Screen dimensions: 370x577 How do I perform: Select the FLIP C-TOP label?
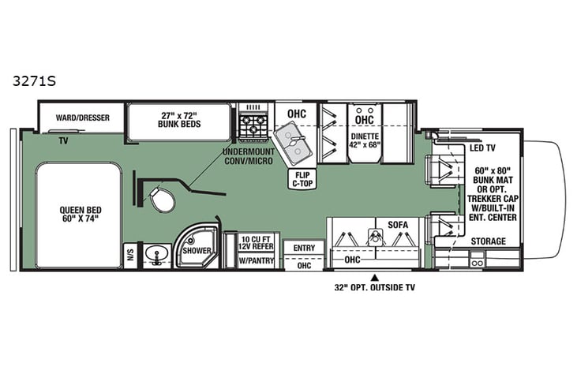point(301,180)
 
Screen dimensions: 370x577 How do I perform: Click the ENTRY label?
point(303,248)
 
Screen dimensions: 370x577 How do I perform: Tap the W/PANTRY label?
point(253,261)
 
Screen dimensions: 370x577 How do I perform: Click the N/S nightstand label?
point(129,253)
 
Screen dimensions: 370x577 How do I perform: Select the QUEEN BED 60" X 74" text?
point(77,215)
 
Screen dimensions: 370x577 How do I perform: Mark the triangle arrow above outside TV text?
point(376,278)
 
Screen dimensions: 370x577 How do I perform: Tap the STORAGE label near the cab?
point(488,241)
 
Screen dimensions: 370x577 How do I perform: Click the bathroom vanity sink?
point(158,254)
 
